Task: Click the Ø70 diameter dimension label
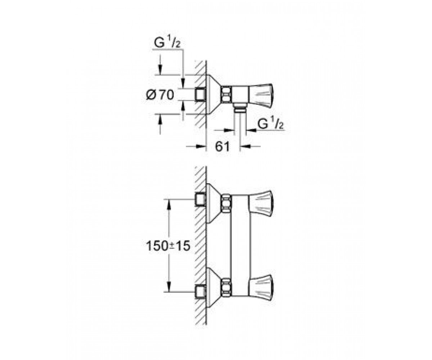[x=160, y=95]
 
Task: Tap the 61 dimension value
[x=222, y=147]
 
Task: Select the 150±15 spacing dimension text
[x=168, y=246]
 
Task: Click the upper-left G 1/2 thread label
[x=167, y=43]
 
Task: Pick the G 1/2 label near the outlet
[x=270, y=123]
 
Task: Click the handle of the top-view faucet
[x=261, y=96]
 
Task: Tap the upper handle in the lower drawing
[x=261, y=204]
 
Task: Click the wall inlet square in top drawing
[x=200, y=95]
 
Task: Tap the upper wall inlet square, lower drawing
[x=200, y=199]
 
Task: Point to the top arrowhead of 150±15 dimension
[x=169, y=204]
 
